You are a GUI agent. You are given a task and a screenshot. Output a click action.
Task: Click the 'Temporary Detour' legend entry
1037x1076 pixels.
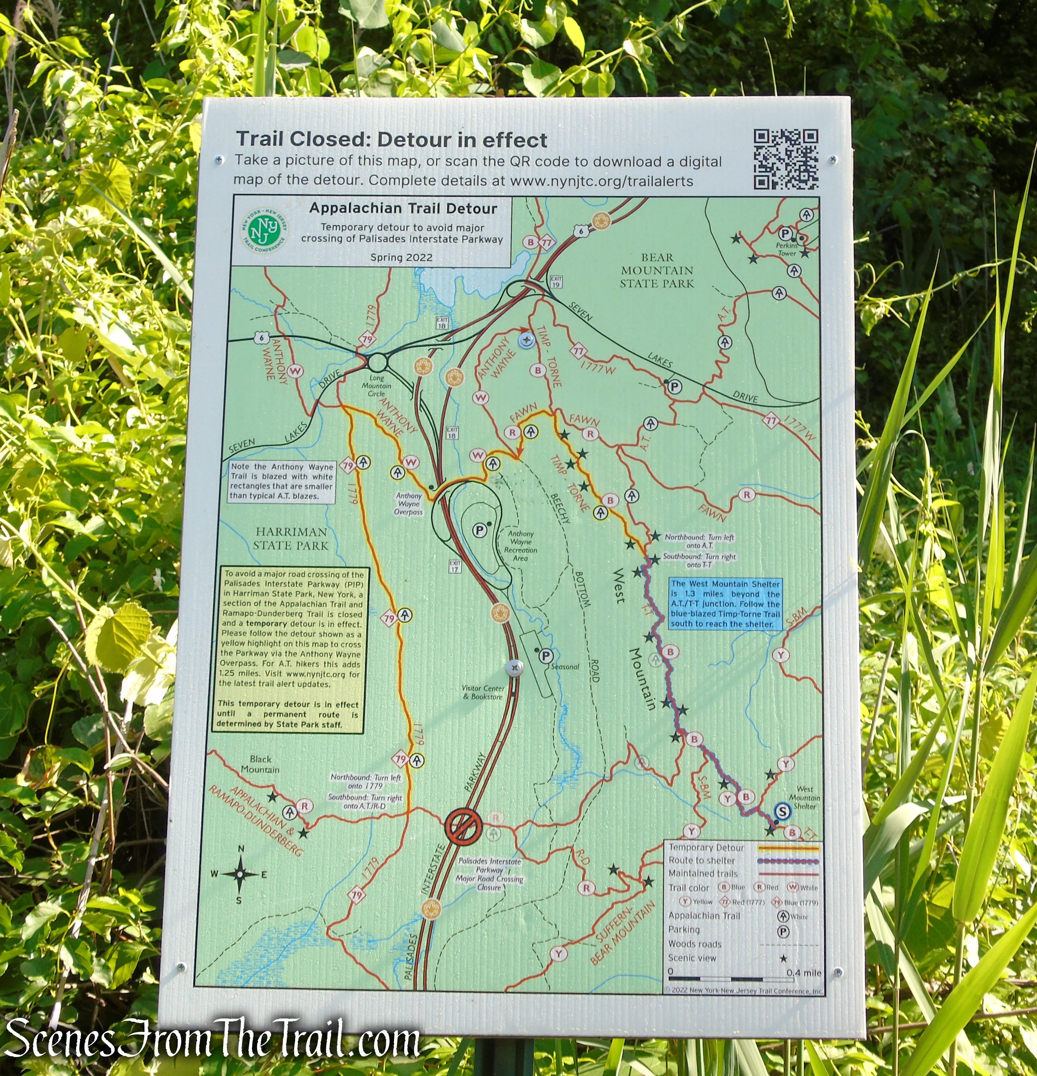(706, 848)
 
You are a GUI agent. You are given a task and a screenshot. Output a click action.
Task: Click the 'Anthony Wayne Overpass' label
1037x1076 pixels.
(408, 503)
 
